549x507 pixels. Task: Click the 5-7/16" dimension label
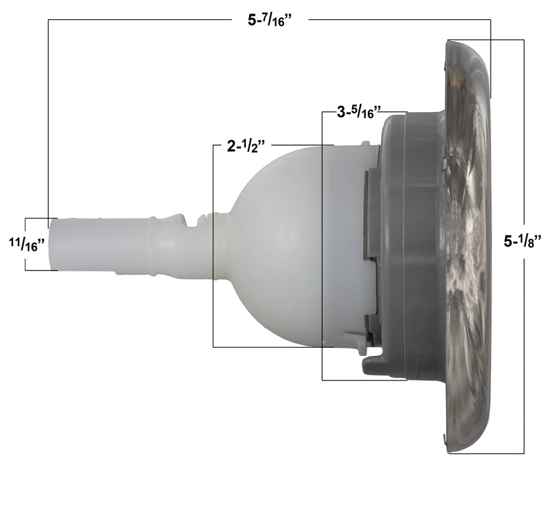click(270, 21)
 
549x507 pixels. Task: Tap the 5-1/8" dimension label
click(522, 240)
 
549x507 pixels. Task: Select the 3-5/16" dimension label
click(358, 112)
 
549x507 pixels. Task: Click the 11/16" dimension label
click(27, 244)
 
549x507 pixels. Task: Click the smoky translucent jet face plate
click(467, 245)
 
